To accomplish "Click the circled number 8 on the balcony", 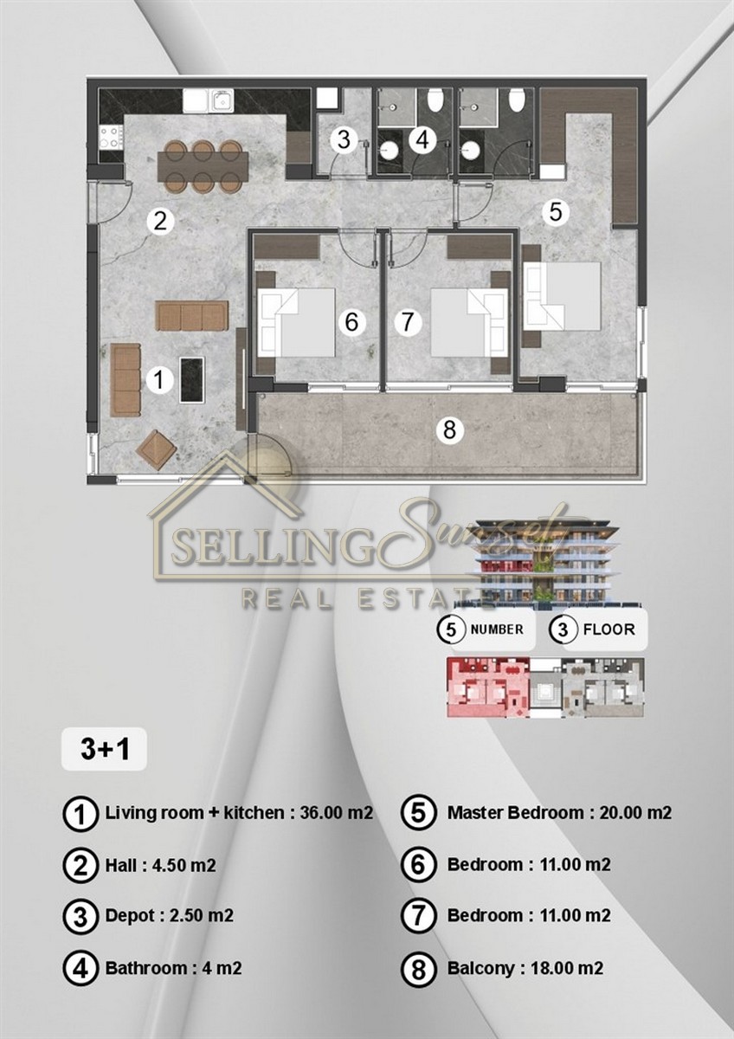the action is (x=449, y=430).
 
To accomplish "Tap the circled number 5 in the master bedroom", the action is (x=555, y=212).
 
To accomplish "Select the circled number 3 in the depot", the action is (x=344, y=140).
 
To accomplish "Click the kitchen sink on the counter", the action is (x=223, y=100).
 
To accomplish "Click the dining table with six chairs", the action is (x=203, y=166).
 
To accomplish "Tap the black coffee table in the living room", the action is (x=192, y=380).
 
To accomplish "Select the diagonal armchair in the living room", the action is (x=157, y=449).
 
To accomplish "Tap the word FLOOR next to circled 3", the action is (x=608, y=630).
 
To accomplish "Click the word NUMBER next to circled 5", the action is (x=497, y=629).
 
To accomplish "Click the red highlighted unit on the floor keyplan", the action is (x=488, y=687).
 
